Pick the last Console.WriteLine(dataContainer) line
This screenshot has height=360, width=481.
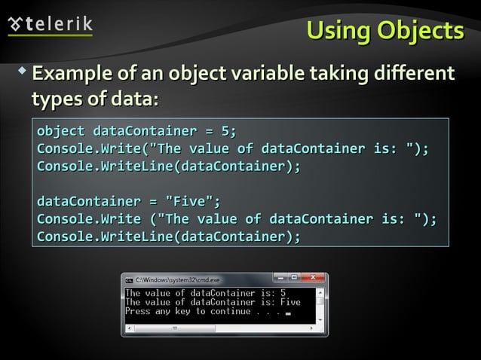click(168, 237)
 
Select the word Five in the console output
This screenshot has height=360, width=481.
click(290, 301)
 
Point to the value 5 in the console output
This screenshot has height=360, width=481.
click(283, 292)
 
